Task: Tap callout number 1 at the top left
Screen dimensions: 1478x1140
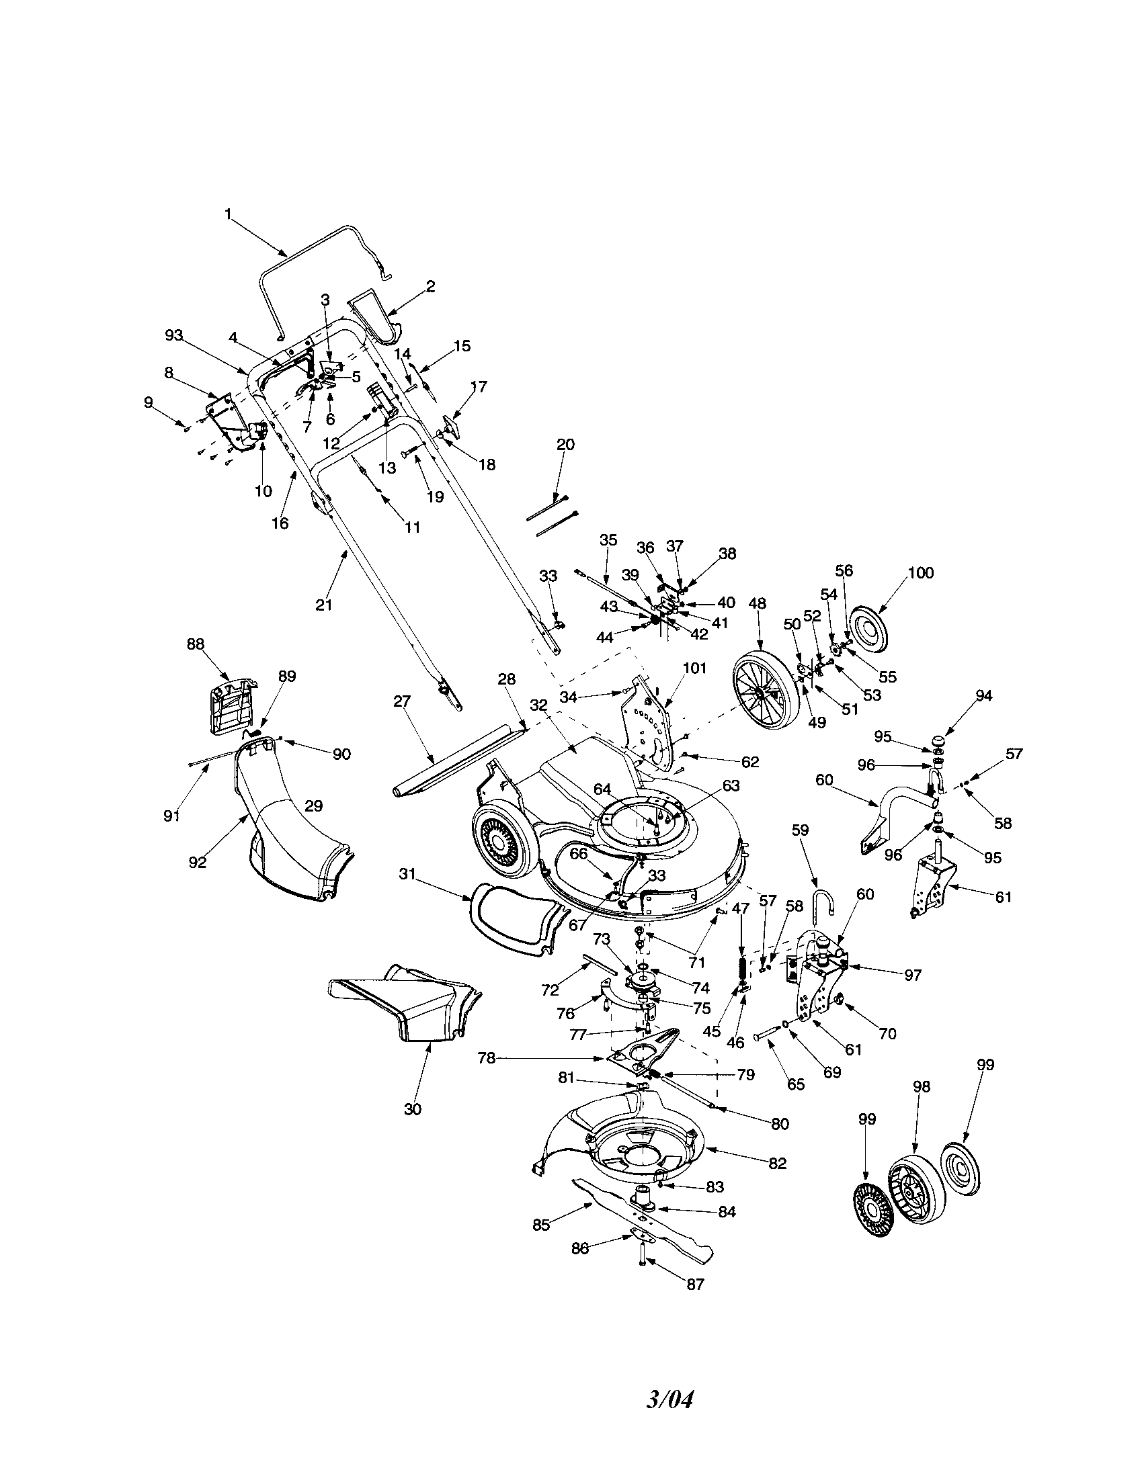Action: (x=228, y=214)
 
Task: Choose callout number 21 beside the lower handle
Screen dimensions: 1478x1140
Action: (x=324, y=605)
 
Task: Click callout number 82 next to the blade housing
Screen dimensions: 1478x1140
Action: (x=778, y=1164)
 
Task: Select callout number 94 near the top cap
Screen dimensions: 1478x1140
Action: (x=983, y=695)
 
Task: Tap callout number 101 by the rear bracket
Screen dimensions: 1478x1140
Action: (x=694, y=668)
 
